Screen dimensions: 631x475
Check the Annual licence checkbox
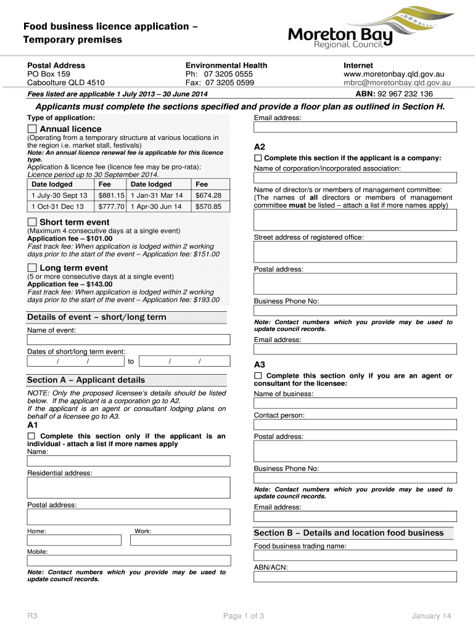[32, 129]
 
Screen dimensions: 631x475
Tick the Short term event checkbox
[32, 222]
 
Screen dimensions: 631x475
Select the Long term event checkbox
[32, 268]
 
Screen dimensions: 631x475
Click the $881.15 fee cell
[112, 195]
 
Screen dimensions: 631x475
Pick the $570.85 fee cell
[208, 207]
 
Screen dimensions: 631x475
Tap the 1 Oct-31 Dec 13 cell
[59, 207]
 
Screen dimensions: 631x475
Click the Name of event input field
[128, 341]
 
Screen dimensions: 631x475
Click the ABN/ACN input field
[355, 577]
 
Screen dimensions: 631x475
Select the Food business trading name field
[355, 555]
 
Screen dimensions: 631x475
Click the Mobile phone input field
[128, 561]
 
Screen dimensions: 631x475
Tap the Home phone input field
[73, 540]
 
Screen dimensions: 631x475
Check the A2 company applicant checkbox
[258, 158]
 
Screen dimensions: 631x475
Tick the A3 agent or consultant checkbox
[258, 375]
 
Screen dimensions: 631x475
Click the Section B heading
[349, 533]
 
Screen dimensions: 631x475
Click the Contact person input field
[355, 425]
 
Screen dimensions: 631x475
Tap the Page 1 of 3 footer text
[243, 616]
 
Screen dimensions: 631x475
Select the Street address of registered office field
[355, 251]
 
